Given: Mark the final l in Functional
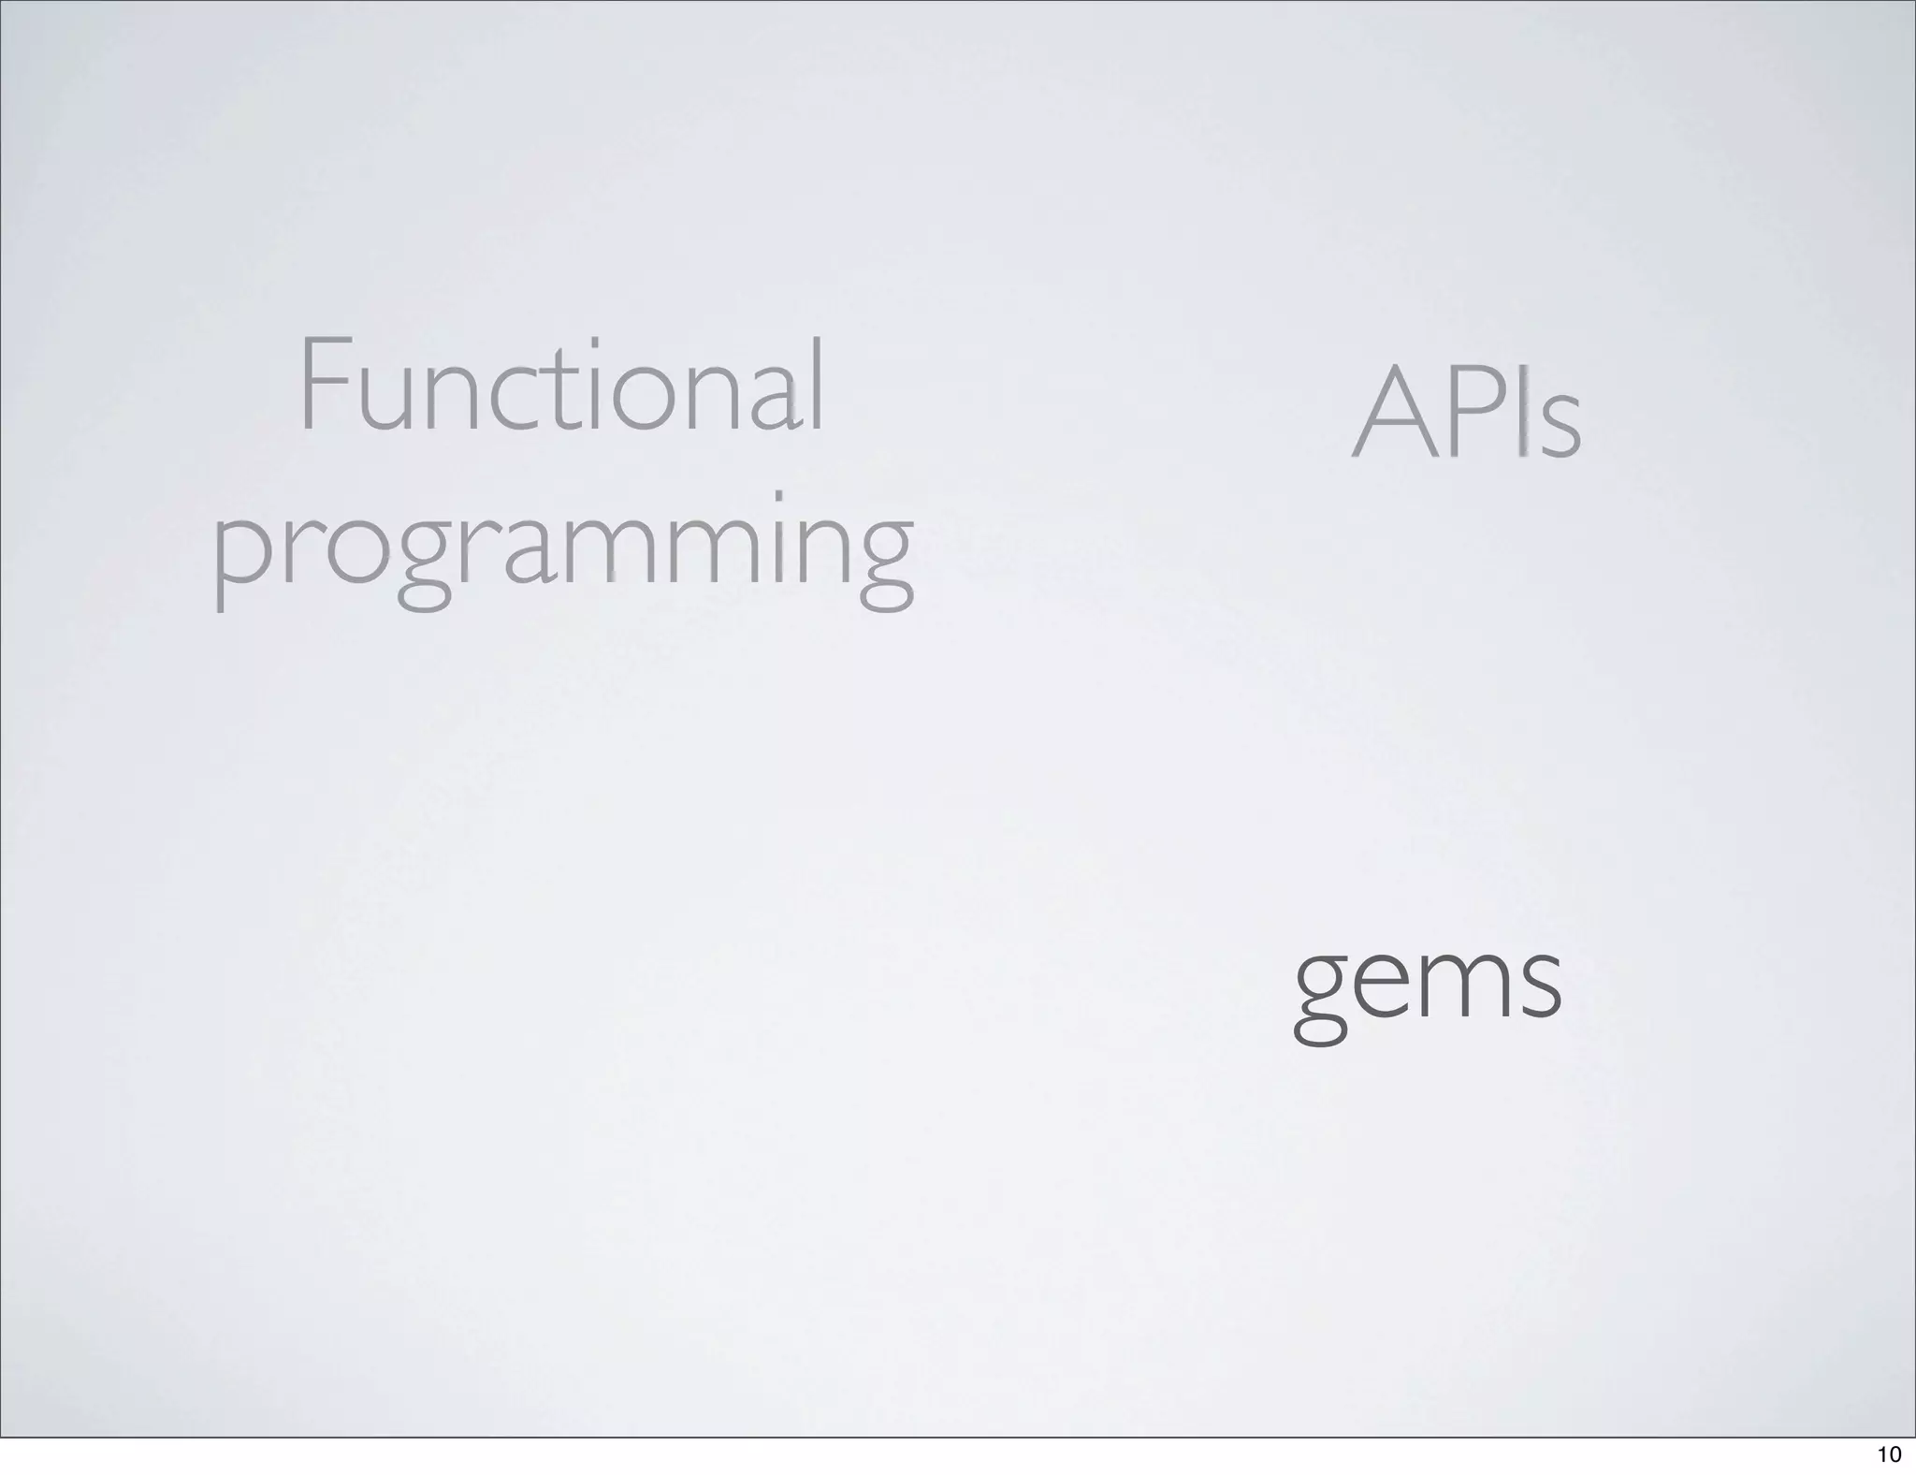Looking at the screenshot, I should pos(817,384).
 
